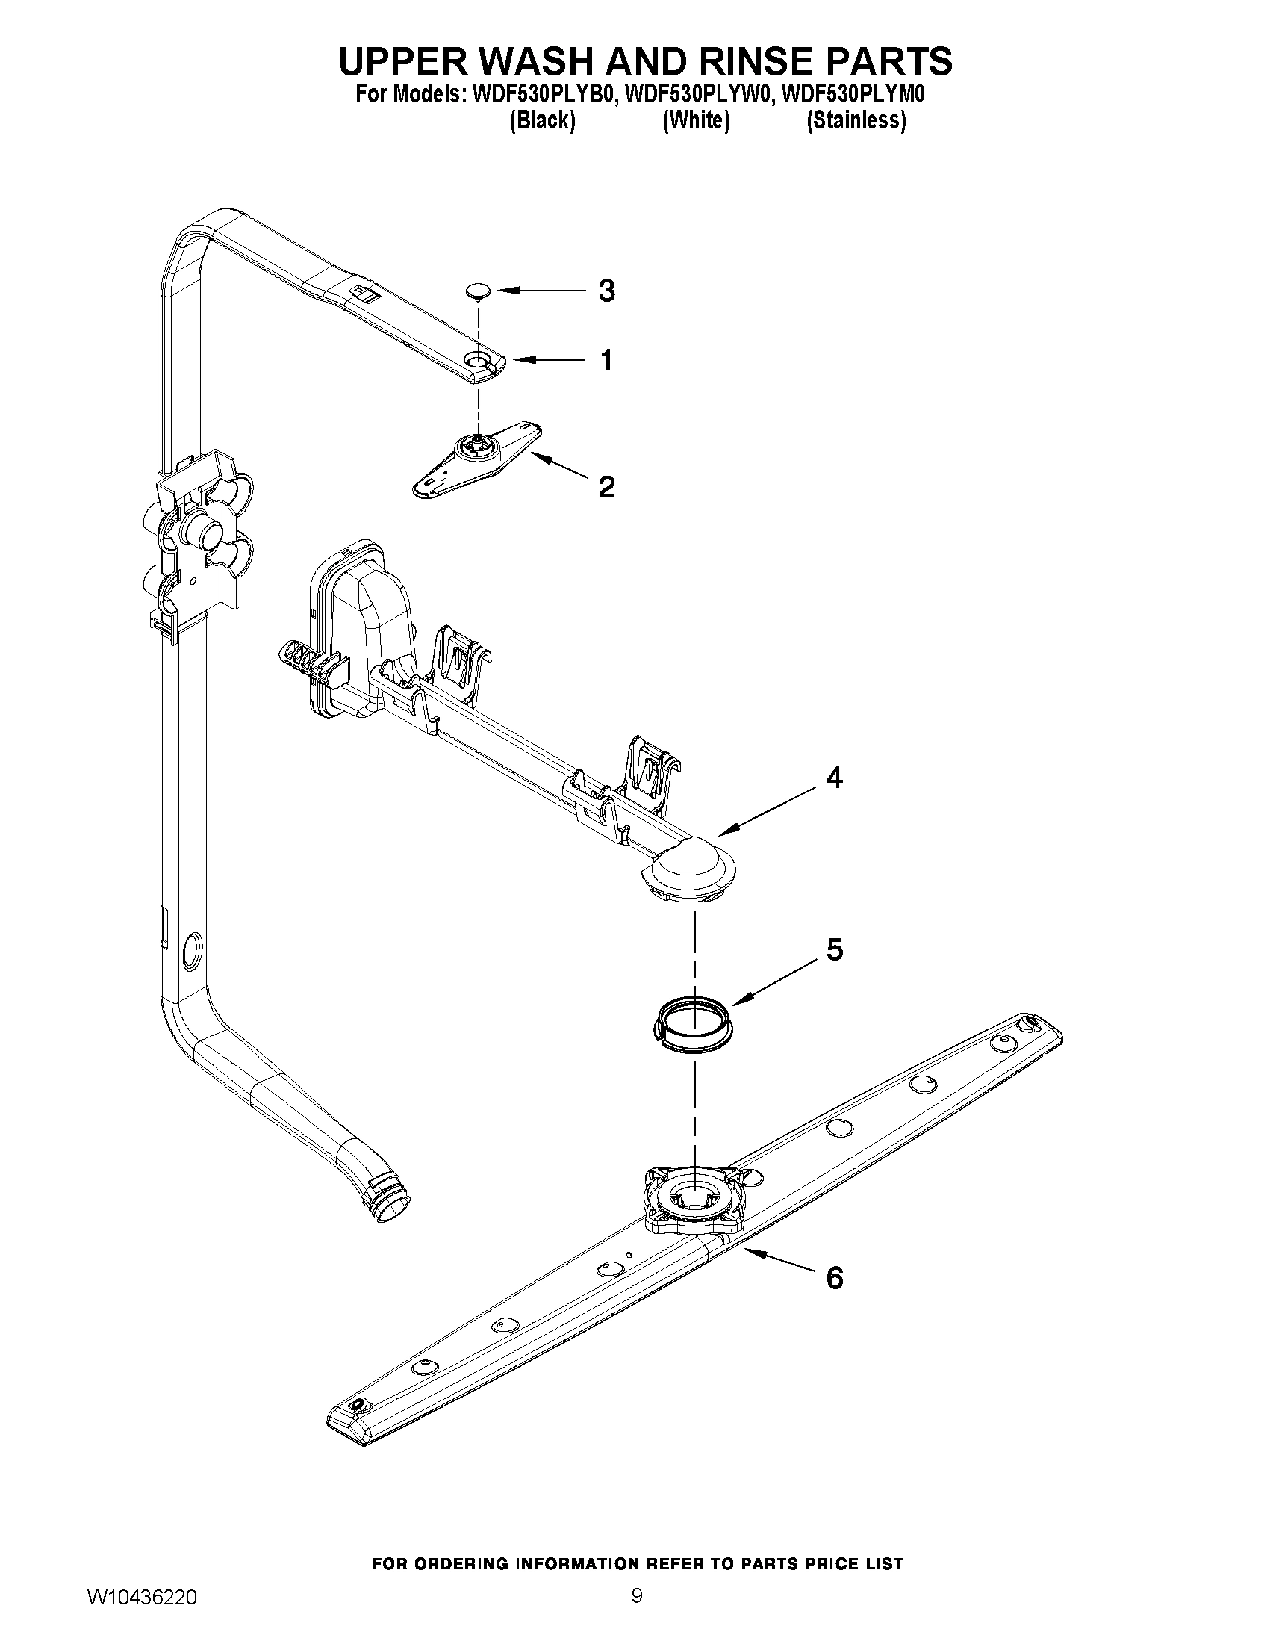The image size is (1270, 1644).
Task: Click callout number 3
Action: [x=606, y=291]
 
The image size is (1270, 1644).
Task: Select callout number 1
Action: [x=606, y=361]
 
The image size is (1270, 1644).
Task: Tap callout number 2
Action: [x=606, y=487]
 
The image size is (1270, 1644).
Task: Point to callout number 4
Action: [x=834, y=778]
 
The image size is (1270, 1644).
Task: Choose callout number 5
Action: [x=835, y=950]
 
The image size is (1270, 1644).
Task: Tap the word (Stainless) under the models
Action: [x=856, y=120]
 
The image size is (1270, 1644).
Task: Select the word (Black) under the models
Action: [x=543, y=120]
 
